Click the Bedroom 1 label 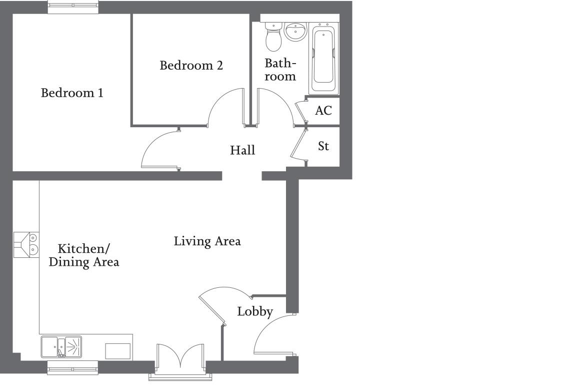[x=72, y=93]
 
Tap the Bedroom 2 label [x=191, y=66]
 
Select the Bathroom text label [x=280, y=70]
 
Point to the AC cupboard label [x=323, y=111]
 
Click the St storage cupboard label [x=323, y=146]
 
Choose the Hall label [x=242, y=150]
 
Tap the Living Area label [x=207, y=241]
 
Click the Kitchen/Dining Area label [x=83, y=255]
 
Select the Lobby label [x=255, y=311]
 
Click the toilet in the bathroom [x=273, y=38]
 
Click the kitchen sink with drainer [x=61, y=346]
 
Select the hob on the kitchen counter [x=26, y=244]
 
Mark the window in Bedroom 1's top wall [x=73, y=7]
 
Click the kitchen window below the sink [x=73, y=369]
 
